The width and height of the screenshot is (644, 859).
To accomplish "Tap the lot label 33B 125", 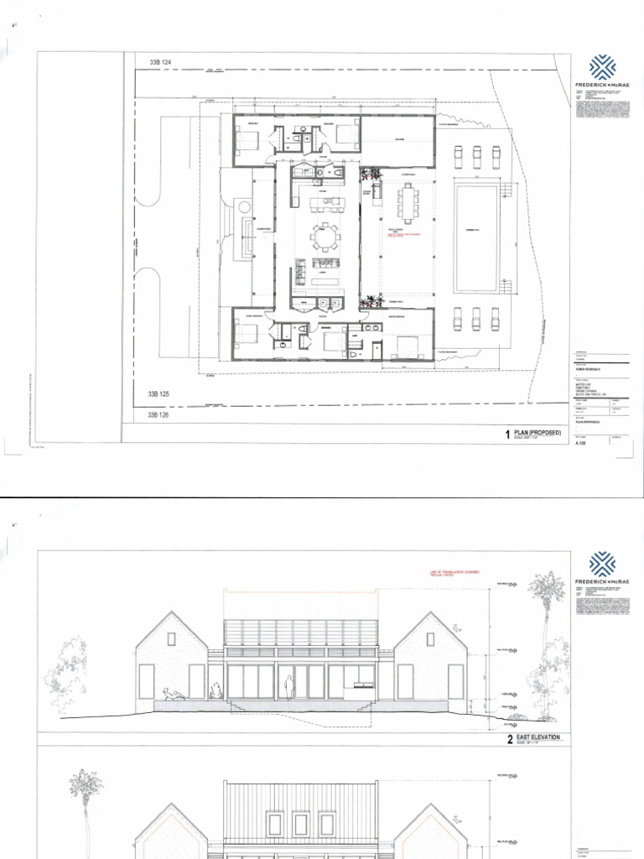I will (159, 393).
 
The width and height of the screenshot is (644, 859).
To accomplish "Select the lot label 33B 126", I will (159, 414).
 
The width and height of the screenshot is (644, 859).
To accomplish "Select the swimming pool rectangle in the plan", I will (476, 238).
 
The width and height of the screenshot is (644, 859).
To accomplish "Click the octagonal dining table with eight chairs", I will (325, 237).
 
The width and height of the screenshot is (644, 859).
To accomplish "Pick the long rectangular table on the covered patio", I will (409, 202).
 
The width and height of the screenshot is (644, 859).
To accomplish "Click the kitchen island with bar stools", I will (325, 202).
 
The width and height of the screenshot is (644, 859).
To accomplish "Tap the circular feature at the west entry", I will (243, 206).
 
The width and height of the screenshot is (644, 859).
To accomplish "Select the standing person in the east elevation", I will (288, 688).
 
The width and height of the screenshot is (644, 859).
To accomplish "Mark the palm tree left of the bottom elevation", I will (86, 805).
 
